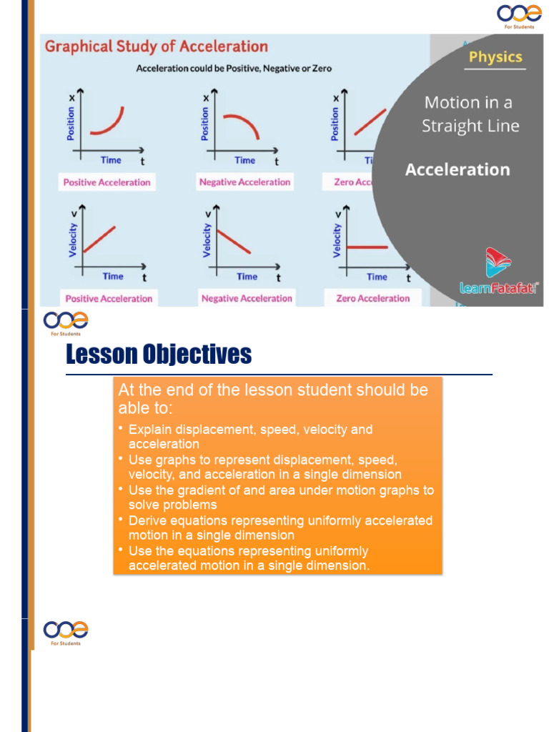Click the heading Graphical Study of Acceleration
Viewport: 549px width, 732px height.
157,47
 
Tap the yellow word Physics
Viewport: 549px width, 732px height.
495,57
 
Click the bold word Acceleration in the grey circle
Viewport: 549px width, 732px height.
457,169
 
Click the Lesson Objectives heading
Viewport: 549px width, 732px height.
159,354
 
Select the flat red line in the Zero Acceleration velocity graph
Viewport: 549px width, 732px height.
367,247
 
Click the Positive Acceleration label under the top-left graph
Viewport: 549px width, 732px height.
107,182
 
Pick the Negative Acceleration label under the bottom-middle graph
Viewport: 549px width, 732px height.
247,298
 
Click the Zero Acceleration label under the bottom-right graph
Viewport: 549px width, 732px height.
372,298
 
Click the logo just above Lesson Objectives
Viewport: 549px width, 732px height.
66,322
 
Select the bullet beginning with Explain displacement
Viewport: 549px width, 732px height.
250,437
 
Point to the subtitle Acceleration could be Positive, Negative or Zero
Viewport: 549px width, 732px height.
234,69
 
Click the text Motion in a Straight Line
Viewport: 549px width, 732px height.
470,114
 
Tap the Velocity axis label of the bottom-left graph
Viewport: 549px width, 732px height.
72,240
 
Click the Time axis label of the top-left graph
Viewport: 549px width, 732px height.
111,160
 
